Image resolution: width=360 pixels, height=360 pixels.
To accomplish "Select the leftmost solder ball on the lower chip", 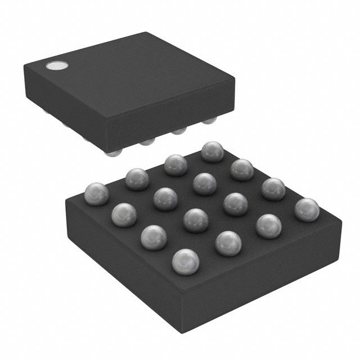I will (95, 193).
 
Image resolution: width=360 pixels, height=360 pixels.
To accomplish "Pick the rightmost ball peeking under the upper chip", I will (210, 121).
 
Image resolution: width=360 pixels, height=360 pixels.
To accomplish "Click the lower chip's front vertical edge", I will (185, 304).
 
